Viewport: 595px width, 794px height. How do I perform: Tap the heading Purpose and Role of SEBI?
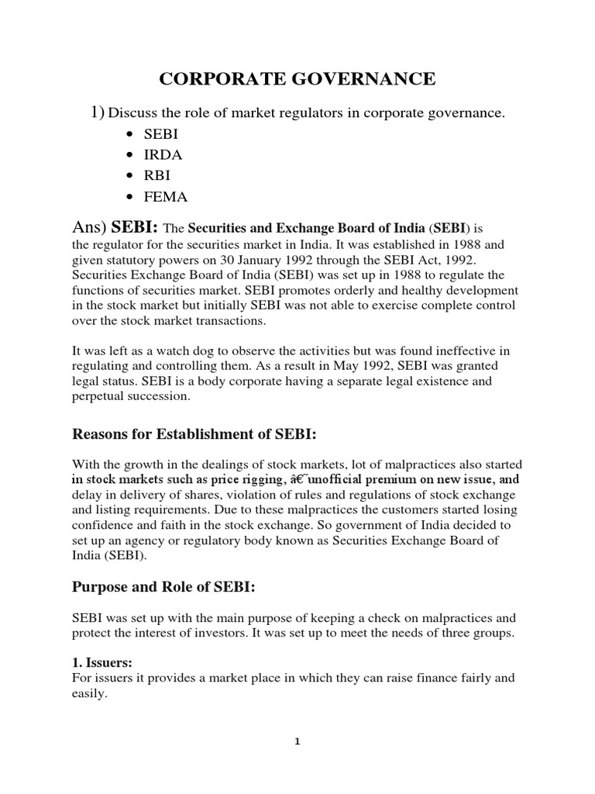[x=163, y=587]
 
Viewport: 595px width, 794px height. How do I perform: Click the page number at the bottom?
[x=297, y=740]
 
